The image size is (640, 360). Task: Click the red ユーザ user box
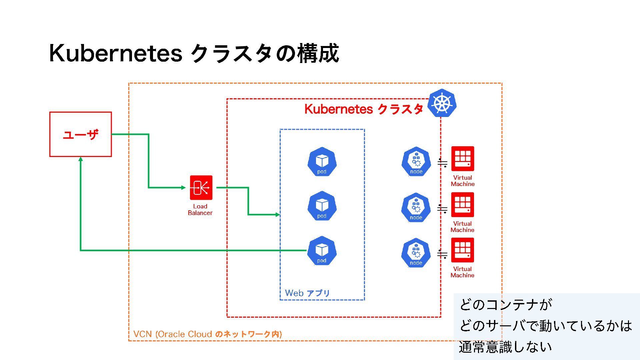click(x=80, y=134)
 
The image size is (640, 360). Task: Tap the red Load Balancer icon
click(x=201, y=188)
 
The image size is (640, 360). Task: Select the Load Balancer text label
click(x=200, y=210)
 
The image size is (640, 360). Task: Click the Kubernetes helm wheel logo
click(x=442, y=103)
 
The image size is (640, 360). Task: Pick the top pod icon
click(x=322, y=162)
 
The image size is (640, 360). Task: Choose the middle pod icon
click(x=322, y=206)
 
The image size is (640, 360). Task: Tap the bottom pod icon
click(x=322, y=251)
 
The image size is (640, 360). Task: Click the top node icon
click(x=416, y=162)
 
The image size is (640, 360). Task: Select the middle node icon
click(x=416, y=208)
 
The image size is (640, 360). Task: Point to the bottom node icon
click(x=416, y=253)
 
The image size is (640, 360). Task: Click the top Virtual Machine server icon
click(x=463, y=159)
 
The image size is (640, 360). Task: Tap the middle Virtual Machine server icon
click(x=463, y=205)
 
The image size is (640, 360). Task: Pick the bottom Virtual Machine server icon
click(x=463, y=250)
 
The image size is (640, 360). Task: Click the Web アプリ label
click(x=307, y=293)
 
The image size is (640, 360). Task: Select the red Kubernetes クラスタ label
click(x=364, y=109)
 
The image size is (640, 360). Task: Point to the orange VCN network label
click(x=207, y=334)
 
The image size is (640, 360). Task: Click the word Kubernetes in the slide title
click(x=116, y=53)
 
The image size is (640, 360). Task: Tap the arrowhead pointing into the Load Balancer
click(x=183, y=188)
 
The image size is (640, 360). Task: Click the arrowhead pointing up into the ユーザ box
click(x=81, y=159)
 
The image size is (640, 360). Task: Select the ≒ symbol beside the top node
click(x=442, y=163)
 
